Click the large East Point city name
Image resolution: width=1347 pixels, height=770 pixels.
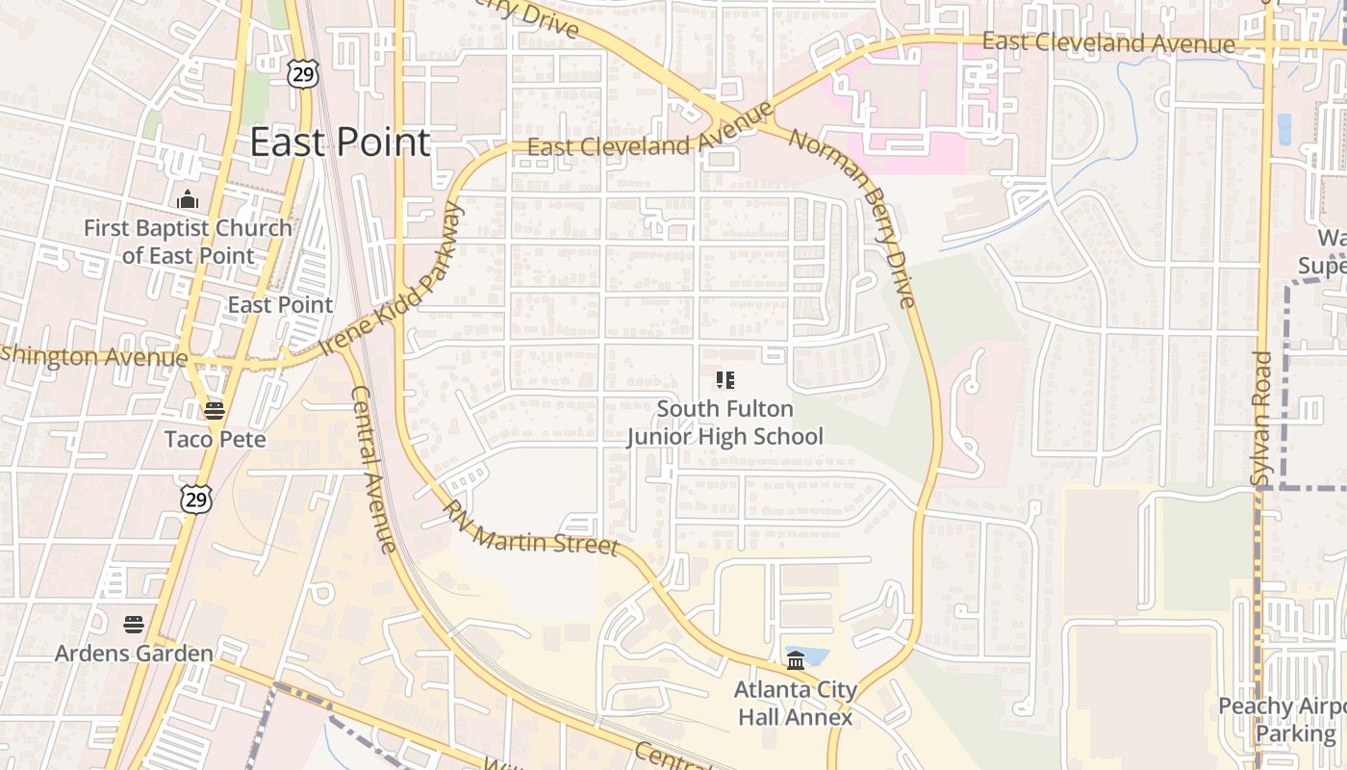tap(340, 142)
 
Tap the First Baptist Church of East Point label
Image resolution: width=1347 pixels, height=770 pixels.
tap(188, 242)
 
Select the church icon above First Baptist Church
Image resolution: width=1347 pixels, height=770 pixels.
tap(188, 200)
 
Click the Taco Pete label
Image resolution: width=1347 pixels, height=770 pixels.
tap(215, 439)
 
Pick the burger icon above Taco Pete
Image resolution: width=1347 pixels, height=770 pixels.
tap(215, 411)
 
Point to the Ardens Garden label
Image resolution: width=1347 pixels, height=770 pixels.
tap(134, 654)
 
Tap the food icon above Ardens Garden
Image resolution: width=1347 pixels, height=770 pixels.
tap(134, 625)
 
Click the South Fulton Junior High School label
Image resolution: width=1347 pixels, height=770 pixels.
tap(725, 423)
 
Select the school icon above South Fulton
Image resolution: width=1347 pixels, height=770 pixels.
tap(725, 380)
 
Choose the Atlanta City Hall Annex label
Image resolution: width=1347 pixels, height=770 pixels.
tap(795, 704)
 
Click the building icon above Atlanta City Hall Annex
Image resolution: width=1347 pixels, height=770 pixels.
tap(796, 660)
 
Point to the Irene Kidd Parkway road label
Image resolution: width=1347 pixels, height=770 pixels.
tap(392, 279)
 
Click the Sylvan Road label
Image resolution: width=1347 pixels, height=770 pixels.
tap(1261, 418)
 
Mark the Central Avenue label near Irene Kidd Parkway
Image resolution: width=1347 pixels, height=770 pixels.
tap(373, 470)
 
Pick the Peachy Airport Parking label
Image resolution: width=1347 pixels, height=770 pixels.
tap(1283, 720)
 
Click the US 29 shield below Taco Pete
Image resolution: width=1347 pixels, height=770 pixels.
tap(195, 499)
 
